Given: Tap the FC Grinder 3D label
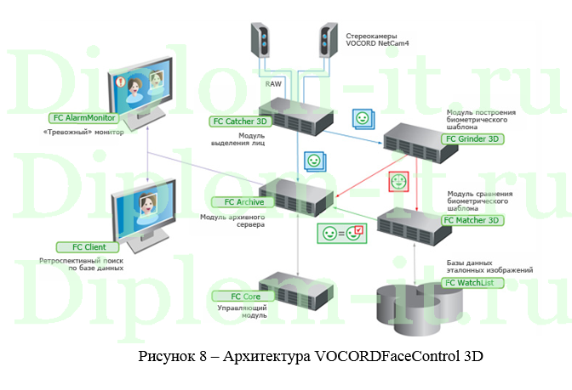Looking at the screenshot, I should coord(471,139).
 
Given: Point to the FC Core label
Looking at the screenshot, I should coord(232,296).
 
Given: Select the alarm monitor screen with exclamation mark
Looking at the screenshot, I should coord(141,86).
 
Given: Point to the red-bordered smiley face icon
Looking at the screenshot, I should coord(398,181).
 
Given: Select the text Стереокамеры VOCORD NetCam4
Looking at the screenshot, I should coord(377,39).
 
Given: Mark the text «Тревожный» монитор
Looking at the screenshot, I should coord(83,133).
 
